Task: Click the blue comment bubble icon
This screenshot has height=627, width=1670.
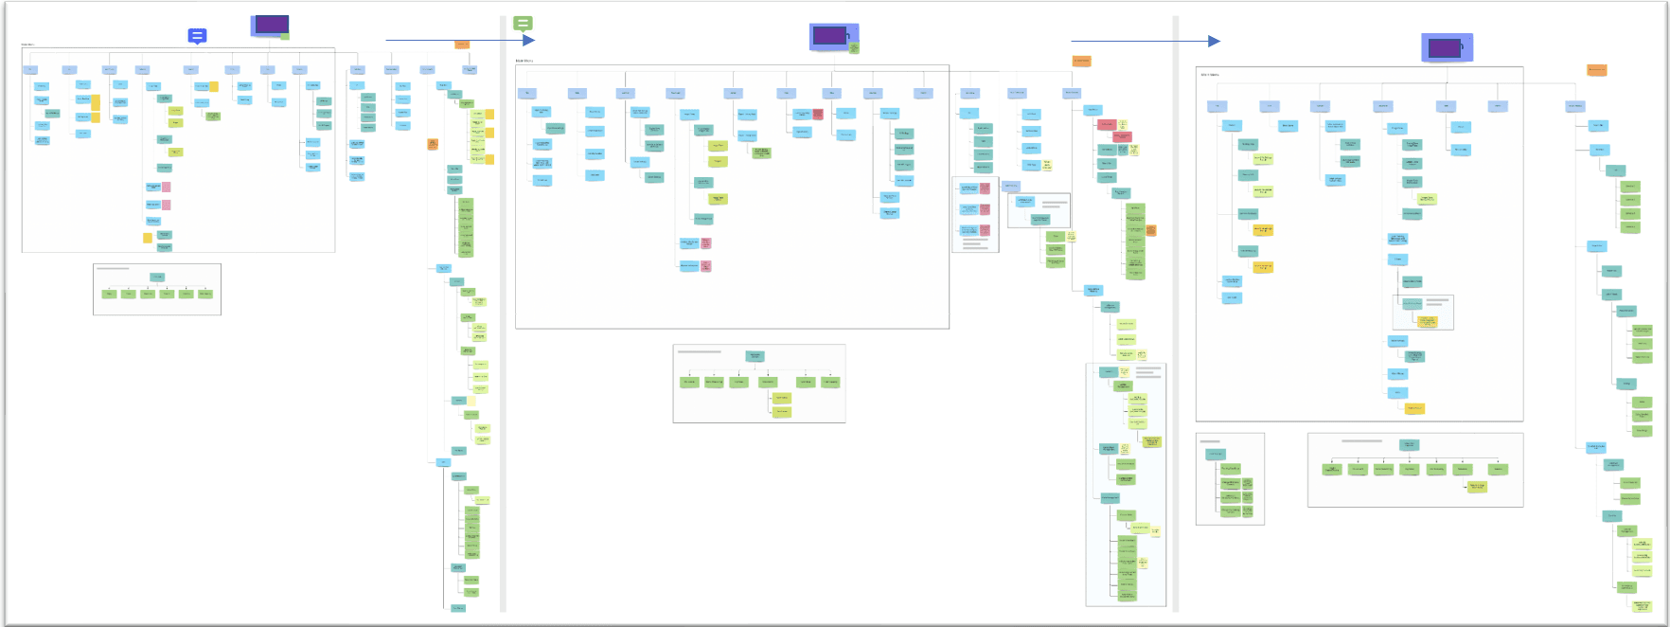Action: pyautogui.click(x=197, y=36)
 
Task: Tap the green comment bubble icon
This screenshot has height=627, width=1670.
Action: pyautogui.click(x=523, y=23)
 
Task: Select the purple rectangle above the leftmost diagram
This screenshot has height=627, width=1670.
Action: pyautogui.click(x=270, y=25)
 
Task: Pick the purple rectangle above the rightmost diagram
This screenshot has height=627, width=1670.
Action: pyautogui.click(x=1445, y=46)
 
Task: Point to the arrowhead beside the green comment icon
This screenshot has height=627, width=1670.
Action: pyautogui.click(x=529, y=40)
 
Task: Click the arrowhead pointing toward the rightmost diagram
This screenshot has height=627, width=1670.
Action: pyautogui.click(x=1214, y=41)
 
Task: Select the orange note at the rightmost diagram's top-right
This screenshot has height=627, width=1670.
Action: pyautogui.click(x=1596, y=70)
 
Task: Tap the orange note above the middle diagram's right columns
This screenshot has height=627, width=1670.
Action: pyautogui.click(x=1081, y=61)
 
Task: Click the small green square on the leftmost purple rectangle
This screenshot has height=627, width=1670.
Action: pyautogui.click(x=285, y=36)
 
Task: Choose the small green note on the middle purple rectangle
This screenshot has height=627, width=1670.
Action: pyautogui.click(x=854, y=47)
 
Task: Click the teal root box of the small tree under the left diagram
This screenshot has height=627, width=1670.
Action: pyautogui.click(x=157, y=278)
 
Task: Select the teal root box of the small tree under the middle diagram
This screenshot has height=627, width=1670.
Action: pyautogui.click(x=755, y=356)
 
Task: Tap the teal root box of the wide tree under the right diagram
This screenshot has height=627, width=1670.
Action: pyautogui.click(x=1409, y=445)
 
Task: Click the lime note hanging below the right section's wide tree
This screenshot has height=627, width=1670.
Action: pyautogui.click(x=1476, y=487)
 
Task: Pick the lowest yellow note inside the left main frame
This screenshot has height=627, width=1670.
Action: pyautogui.click(x=148, y=238)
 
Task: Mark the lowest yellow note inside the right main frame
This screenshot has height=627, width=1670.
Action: pyautogui.click(x=1414, y=409)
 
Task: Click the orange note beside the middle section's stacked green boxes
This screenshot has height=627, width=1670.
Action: pyautogui.click(x=1151, y=230)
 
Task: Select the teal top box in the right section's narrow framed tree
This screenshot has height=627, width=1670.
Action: pyautogui.click(x=1216, y=455)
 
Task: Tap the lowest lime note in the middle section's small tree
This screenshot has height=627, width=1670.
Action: pyautogui.click(x=782, y=412)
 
